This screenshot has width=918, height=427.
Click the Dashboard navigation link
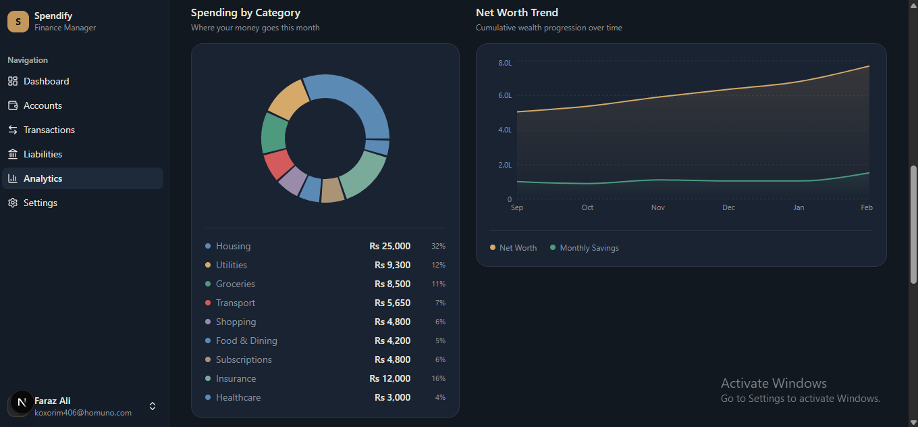pos(46,81)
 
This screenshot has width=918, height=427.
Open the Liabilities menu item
pos(43,154)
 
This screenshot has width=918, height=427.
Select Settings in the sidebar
pos(40,203)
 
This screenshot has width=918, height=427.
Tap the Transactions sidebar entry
pos(49,130)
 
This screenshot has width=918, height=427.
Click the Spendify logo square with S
pos(18,22)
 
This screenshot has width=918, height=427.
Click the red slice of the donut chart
pos(278,164)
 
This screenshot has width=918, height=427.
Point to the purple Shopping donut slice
pos(292,180)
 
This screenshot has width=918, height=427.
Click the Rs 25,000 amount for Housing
pos(389,246)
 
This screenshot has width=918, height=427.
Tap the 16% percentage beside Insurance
pos(438,378)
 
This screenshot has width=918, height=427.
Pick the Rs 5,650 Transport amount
pos(392,303)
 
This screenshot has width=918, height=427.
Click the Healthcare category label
pos(238,397)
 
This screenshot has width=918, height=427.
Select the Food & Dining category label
pos(246,341)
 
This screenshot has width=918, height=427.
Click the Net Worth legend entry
pos(514,248)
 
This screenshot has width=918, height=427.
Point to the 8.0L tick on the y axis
pos(505,63)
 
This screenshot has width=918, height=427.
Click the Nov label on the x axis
pos(658,207)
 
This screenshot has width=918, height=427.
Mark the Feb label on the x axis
pos(867,207)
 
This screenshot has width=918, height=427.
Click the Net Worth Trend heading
pos(517,13)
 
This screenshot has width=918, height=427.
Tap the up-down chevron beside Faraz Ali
pos(153,406)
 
